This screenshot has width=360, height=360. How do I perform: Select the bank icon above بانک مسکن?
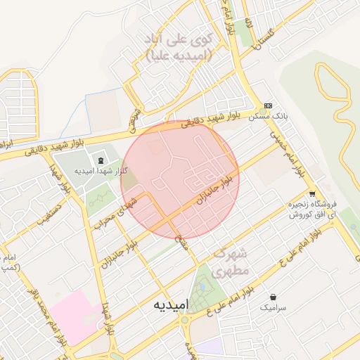coord(268,104)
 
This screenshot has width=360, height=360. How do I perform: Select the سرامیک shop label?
coord(273,307)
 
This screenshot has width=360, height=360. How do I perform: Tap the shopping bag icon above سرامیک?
coord(273,297)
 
